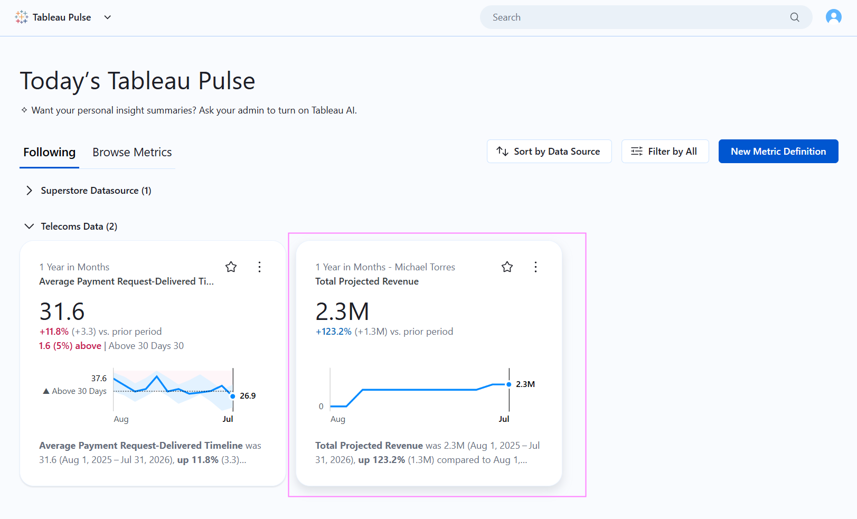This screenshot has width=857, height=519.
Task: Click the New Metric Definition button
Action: point(778,152)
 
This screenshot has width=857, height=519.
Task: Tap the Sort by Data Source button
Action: point(549,152)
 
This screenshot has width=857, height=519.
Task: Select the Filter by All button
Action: point(665,152)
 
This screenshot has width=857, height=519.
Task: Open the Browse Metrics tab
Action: point(132,152)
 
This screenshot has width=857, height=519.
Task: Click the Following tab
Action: point(49,152)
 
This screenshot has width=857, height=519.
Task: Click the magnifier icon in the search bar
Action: point(795,17)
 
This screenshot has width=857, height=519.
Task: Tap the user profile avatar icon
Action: point(833,17)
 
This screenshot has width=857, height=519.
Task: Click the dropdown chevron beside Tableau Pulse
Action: point(108,17)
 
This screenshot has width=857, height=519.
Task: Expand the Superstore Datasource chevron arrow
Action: point(29,191)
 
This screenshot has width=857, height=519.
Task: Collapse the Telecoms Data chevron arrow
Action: point(29,227)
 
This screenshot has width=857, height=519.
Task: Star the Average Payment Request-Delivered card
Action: point(231,267)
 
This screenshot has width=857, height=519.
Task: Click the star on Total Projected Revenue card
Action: point(507,267)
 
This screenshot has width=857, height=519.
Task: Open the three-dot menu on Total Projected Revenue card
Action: point(535,267)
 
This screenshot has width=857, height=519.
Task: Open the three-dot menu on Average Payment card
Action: point(259,267)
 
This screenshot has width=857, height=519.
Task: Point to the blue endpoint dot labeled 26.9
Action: point(233,396)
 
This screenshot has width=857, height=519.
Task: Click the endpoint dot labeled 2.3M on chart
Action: point(509,384)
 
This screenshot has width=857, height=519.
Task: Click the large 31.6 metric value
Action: point(62,311)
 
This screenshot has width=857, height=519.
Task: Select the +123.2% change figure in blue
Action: point(333,332)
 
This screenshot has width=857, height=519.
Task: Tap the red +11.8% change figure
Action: point(54,332)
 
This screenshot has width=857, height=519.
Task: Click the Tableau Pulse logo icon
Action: point(22,17)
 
